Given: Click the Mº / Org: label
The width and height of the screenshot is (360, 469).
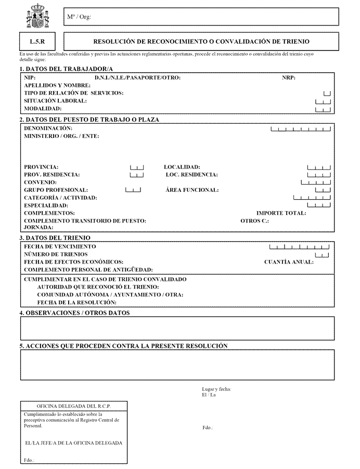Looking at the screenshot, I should [79, 17].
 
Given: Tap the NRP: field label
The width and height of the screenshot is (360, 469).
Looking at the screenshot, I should [289, 77].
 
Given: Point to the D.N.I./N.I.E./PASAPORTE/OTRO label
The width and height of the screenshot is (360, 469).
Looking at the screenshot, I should [137, 77].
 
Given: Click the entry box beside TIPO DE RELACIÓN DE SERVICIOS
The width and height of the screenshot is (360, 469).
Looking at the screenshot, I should [327, 93].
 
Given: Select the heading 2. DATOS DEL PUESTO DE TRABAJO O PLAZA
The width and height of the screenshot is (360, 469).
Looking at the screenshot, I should [89, 119].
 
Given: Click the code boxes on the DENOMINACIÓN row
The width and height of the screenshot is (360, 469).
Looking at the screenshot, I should [301, 128].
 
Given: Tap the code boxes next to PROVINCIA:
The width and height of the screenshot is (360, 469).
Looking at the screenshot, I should [137, 167].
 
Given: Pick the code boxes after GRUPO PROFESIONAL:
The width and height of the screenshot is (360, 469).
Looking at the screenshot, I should [133, 190].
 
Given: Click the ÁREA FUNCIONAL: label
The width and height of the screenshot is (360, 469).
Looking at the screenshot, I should [192, 190].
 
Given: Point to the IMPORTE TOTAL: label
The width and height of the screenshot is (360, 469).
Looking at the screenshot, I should [281, 213].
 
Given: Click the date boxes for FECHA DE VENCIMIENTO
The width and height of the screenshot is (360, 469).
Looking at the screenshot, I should [300, 246].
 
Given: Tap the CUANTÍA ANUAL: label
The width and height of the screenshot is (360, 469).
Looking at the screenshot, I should [289, 262].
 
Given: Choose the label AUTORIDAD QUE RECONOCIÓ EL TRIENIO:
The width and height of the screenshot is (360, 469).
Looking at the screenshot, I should [98, 287].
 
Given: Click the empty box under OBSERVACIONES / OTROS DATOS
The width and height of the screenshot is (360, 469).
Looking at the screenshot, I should [177, 328].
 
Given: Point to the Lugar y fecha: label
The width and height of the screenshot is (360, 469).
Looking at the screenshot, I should [217, 389].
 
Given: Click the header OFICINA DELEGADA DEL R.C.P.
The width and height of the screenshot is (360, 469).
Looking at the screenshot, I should [73, 406].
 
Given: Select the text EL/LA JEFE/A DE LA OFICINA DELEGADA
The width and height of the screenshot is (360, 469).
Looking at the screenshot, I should [73, 443].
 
